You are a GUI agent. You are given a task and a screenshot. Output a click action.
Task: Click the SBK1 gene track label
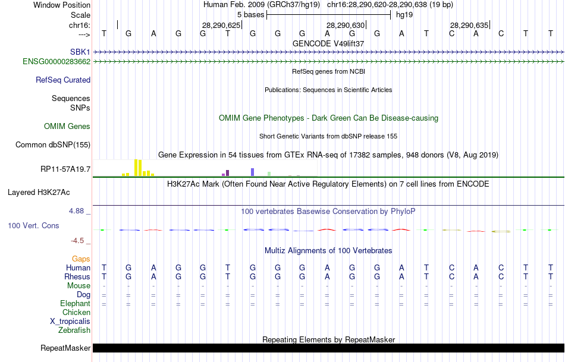80,52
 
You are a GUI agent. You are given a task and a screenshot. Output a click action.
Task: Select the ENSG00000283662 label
56,61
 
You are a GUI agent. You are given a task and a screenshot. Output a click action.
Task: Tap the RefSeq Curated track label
63,80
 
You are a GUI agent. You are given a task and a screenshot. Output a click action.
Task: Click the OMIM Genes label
67,126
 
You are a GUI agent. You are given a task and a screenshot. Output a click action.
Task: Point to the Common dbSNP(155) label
53,144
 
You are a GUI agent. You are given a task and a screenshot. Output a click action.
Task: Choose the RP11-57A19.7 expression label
65,169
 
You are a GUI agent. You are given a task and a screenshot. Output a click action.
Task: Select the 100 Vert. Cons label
34,226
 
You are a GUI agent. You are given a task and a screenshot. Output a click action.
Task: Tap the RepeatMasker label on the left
65,348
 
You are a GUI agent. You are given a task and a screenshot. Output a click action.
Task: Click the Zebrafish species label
75,330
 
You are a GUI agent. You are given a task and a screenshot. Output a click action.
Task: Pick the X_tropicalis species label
70,321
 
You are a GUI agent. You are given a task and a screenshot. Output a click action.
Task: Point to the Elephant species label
75,303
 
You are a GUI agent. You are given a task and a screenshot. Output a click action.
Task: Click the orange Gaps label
81,259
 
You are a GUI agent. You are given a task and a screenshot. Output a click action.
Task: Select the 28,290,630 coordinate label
345,25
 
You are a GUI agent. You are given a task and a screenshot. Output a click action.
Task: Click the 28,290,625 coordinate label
221,25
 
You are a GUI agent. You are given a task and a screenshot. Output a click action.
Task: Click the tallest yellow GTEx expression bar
136,168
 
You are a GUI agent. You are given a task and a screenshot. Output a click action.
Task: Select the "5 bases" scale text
250,14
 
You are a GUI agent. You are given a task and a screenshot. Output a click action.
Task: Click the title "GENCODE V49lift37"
328,43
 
